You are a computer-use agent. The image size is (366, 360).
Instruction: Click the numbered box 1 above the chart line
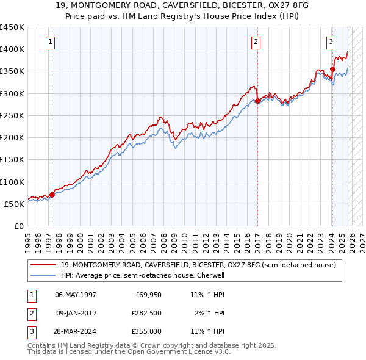point(49,42)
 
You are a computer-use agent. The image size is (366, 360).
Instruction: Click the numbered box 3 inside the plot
point(331,42)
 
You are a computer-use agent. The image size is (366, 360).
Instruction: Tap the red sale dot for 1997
point(52,195)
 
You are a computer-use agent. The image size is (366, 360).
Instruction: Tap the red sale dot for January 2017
point(257,101)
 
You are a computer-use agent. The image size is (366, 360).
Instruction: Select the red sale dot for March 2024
point(332,69)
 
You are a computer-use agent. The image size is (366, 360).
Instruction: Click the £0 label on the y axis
point(18,226)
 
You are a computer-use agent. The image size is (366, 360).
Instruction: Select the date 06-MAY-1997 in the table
point(76,295)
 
